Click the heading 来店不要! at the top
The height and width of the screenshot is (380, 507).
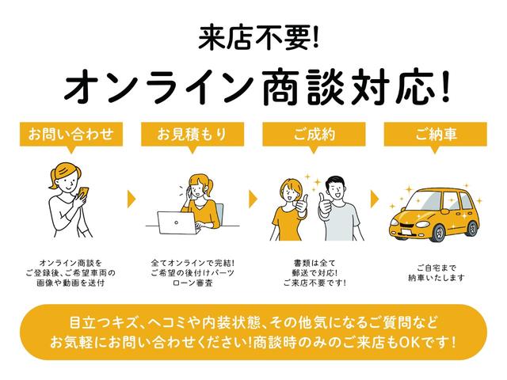tap(253, 35)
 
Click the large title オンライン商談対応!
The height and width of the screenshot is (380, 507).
tap(253, 85)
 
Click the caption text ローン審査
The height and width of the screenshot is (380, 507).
tap(193, 283)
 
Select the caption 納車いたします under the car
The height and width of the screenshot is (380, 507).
tap(436, 278)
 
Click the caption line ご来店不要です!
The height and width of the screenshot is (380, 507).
tap(314, 283)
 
